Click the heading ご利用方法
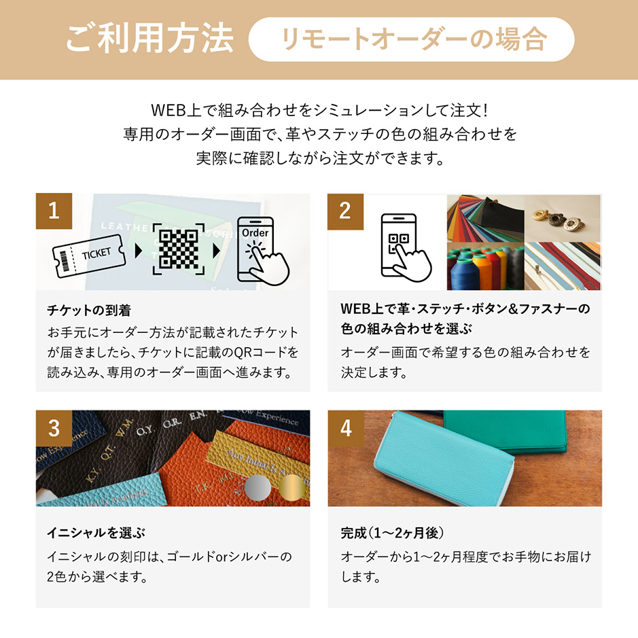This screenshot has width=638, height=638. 149,38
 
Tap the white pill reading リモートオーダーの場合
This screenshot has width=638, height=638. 411,39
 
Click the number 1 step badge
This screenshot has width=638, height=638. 54,211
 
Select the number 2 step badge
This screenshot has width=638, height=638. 345,211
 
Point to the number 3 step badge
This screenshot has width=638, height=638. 54,428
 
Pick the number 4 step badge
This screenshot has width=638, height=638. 346,428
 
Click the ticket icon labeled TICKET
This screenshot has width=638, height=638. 88,256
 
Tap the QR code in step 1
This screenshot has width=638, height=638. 179,249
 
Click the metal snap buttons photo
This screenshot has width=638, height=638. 563,218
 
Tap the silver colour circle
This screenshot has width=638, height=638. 258,487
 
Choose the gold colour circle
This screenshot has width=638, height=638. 292,487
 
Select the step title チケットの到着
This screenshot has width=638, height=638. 89,311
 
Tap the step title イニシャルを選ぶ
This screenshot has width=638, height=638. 96,533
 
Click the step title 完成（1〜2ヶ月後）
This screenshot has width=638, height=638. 392,533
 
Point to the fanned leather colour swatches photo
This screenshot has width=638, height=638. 485,218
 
